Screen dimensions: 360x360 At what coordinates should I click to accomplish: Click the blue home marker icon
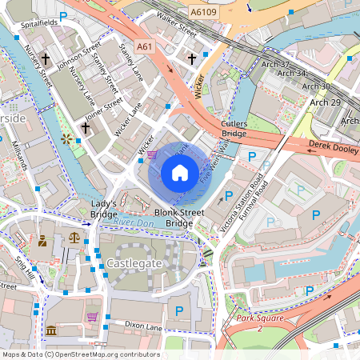[x=180, y=172]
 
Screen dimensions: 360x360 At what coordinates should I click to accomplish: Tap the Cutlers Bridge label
[x=234, y=129]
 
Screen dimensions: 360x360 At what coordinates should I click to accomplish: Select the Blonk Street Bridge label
[x=174, y=218]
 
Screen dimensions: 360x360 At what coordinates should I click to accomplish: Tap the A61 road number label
[x=145, y=48]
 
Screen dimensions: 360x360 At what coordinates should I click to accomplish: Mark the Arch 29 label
[x=325, y=102]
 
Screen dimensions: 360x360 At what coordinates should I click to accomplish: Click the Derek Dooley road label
[x=333, y=147]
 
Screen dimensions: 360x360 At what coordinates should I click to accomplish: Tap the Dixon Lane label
[x=143, y=325]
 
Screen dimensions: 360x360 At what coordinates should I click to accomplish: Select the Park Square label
[x=261, y=324]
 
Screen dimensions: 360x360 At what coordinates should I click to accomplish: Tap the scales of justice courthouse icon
[x=74, y=238]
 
